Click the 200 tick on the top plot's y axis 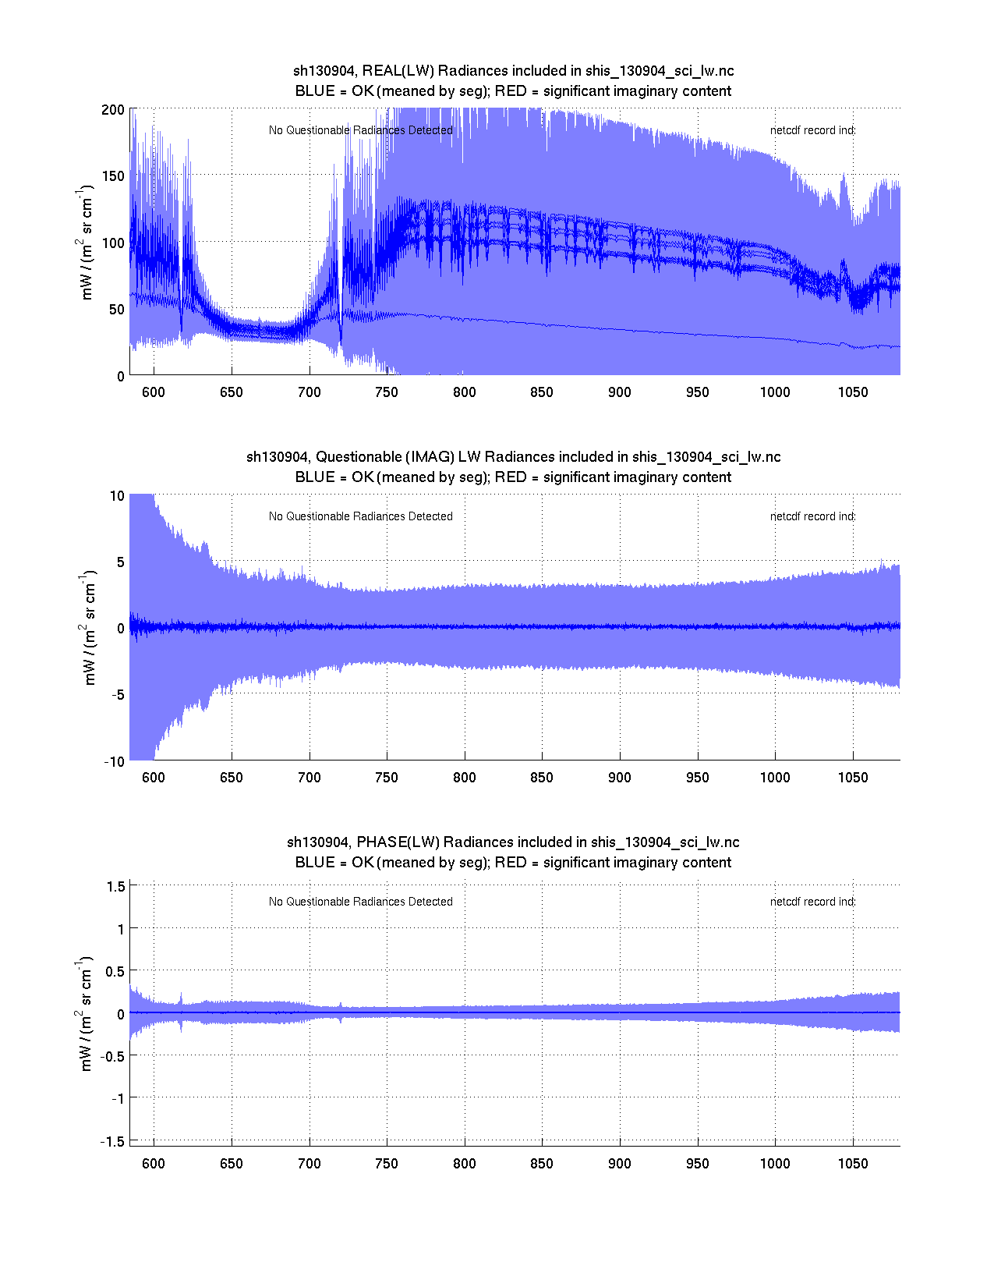click(x=113, y=110)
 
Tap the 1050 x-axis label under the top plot click(x=852, y=392)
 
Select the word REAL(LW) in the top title click(x=398, y=71)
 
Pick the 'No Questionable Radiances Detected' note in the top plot click(x=360, y=130)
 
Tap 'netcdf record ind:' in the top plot click(x=812, y=130)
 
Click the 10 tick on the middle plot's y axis click(x=117, y=496)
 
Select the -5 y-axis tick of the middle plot click(x=115, y=695)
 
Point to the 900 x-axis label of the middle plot click(x=620, y=778)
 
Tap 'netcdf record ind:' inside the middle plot click(x=812, y=516)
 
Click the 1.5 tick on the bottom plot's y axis click(x=115, y=886)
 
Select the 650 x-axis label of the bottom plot click(x=231, y=1164)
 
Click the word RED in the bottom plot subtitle click(x=511, y=863)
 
